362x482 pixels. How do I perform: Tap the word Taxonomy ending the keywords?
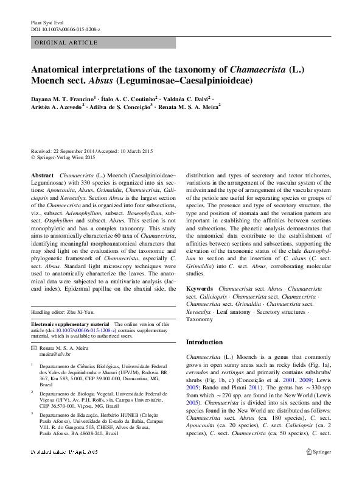coord(200,319)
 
